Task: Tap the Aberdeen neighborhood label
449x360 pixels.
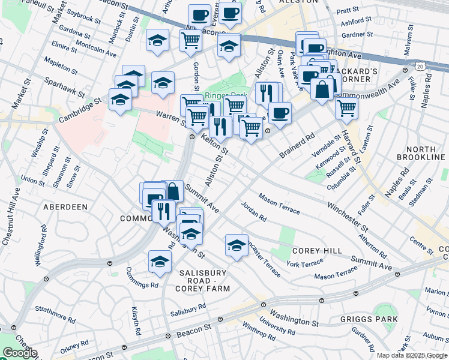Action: pos(65,206)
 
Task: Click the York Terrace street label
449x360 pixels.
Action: pos(304,264)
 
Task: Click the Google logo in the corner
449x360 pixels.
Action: pos(19,353)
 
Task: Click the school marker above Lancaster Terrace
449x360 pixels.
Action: pos(237,245)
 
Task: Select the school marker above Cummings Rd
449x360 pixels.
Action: pos(159,260)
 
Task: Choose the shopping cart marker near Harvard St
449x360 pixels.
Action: pos(346,108)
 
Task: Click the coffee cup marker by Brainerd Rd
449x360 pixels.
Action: pos(279,112)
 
